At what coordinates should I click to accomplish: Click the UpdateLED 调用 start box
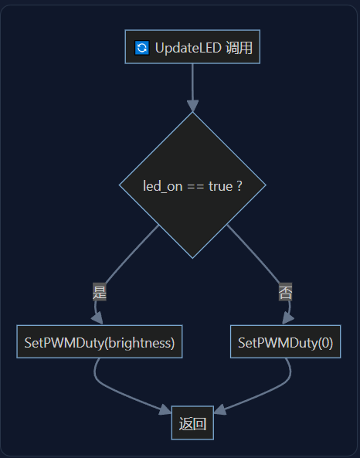192,47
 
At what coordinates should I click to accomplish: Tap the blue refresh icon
142,48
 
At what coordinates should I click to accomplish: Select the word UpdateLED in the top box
188,48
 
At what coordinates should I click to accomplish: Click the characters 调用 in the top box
239,48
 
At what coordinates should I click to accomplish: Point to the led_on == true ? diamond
192,185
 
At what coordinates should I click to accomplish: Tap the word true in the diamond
221,186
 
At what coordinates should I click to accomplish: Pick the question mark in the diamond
239,186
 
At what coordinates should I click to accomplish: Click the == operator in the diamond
195,186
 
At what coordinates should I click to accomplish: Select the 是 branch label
100,292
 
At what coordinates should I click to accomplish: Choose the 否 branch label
286,292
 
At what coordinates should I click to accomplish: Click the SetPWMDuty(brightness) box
100,341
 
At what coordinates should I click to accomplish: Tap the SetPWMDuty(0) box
286,341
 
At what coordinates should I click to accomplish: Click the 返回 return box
192,422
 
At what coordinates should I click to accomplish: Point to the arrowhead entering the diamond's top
193,106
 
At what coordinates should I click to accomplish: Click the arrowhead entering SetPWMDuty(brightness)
98,318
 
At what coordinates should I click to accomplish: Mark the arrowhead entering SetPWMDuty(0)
287,318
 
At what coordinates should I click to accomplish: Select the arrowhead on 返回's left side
165,409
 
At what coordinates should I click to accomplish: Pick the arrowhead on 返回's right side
219,409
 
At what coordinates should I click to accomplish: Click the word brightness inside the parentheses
140,343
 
